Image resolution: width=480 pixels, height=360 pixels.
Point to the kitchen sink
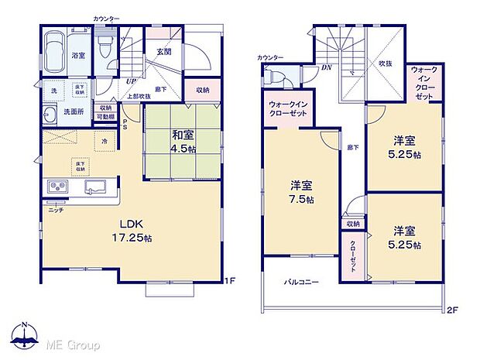pos(98,189)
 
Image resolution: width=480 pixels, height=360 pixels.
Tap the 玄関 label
pos(164,51)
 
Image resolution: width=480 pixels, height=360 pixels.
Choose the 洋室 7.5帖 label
pos(300,193)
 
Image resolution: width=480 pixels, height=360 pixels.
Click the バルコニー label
pos(300,283)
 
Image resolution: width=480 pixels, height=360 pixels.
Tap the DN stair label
pos(326,67)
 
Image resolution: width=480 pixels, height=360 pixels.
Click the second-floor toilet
pos(276,76)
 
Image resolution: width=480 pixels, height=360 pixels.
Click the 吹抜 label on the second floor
pos(385,63)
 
